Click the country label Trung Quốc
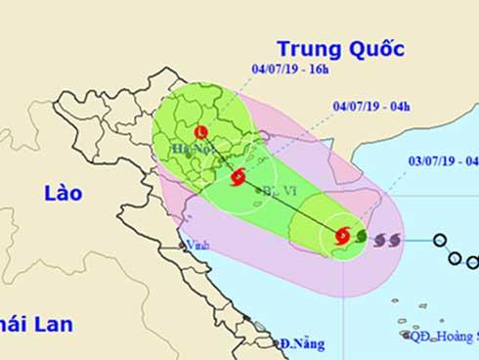point(339,49)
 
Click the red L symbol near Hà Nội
point(201,131)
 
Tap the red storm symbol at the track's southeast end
point(342,235)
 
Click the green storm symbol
point(361,236)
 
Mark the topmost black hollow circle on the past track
point(441,240)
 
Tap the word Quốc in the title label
point(375,49)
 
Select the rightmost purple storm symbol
point(394,238)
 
